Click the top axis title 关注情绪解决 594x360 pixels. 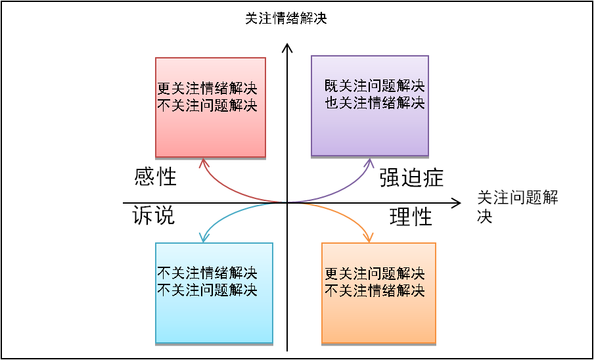pyautogui.click(x=286, y=19)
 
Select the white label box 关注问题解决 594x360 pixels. pyautogui.click(x=524, y=200)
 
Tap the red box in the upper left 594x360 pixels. pyautogui.click(x=210, y=107)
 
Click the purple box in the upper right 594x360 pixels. pyautogui.click(x=370, y=106)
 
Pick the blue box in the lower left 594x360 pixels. pyautogui.click(x=214, y=292)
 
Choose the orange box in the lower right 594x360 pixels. pyautogui.click(x=378, y=292)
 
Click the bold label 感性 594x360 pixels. pyautogui.click(x=155, y=177)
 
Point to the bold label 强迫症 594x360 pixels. pyautogui.click(x=411, y=178)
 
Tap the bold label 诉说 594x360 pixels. pyautogui.click(x=154, y=215)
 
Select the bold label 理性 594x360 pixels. pyautogui.click(x=411, y=216)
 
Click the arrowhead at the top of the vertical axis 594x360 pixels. pyautogui.click(x=286, y=47)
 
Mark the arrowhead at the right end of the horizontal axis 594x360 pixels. pyautogui.click(x=457, y=203)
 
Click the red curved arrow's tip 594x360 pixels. pyautogui.click(x=203, y=162)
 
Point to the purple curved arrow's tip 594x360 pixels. pyautogui.click(x=370, y=162)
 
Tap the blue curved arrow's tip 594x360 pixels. pyautogui.click(x=203, y=240)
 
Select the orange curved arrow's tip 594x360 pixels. pyautogui.click(x=370, y=240)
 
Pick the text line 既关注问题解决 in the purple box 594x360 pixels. pyautogui.click(x=375, y=86)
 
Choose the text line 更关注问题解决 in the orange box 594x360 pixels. pyautogui.click(x=375, y=273)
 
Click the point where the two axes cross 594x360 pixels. pyautogui.click(x=287, y=203)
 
